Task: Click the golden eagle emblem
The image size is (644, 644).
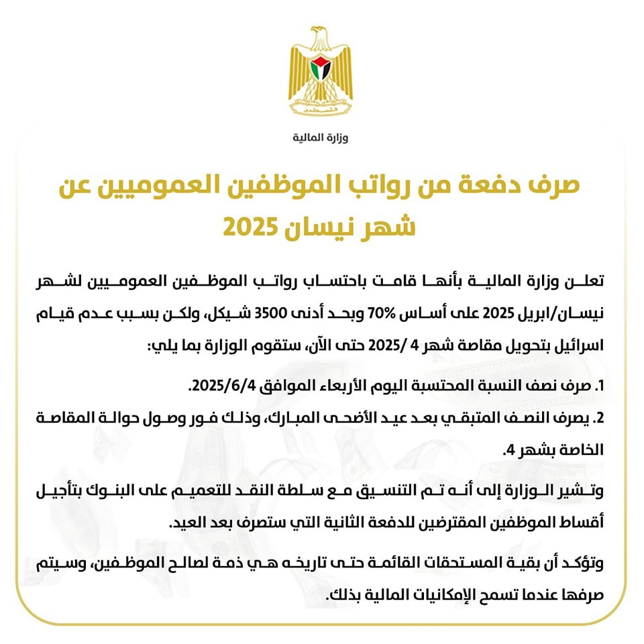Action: click(321, 73)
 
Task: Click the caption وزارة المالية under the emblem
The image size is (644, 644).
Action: click(321, 138)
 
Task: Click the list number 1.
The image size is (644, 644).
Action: click(600, 387)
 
